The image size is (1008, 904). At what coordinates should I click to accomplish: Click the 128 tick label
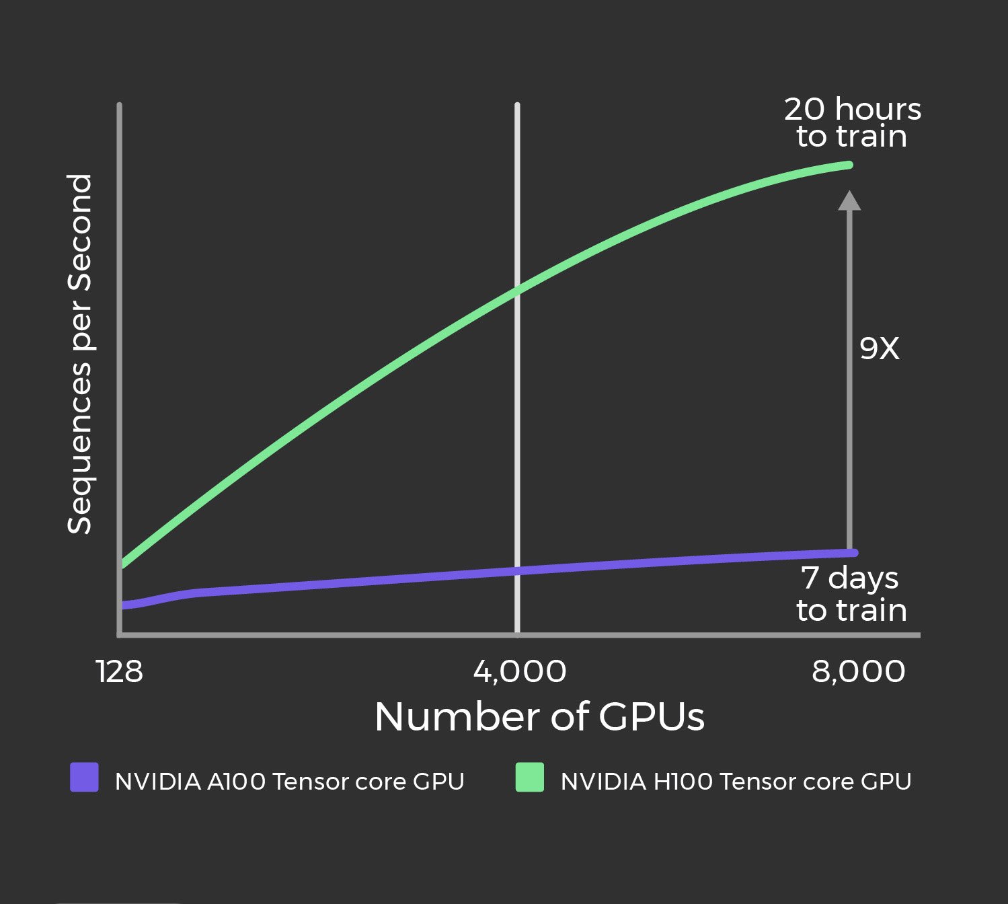click(x=120, y=671)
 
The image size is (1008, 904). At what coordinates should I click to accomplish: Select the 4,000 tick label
click(x=519, y=671)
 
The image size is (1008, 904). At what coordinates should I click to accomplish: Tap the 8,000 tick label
click(x=858, y=671)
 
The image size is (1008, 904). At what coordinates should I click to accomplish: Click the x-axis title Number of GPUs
click(x=539, y=716)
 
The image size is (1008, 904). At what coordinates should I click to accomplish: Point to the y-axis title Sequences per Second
click(x=79, y=354)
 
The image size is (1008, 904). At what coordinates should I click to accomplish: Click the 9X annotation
click(x=879, y=348)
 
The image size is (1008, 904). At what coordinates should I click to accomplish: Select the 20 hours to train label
click(x=852, y=122)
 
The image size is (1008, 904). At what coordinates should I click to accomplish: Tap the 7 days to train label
click(x=851, y=594)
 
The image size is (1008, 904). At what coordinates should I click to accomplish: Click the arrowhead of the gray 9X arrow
click(x=849, y=200)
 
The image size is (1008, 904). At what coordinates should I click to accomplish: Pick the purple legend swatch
click(x=85, y=778)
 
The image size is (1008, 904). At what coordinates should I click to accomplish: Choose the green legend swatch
click(x=530, y=778)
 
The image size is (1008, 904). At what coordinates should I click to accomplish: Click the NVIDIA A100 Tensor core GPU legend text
click(x=289, y=782)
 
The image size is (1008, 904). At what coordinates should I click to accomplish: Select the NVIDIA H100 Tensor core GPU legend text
click(x=736, y=782)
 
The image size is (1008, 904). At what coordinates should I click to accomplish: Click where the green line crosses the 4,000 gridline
click(x=517, y=290)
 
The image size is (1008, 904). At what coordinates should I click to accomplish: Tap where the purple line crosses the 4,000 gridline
click(x=517, y=571)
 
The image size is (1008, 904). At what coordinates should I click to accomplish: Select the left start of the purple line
click(x=124, y=605)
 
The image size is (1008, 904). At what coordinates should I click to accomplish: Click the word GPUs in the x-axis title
click(x=651, y=716)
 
